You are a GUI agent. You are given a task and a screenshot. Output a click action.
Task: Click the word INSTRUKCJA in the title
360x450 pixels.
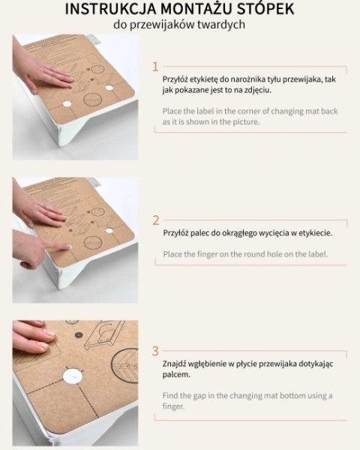coord(111,8)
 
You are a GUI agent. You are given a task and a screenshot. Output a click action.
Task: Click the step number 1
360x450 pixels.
coord(155,67)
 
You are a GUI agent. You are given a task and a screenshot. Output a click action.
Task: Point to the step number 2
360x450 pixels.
coord(155,220)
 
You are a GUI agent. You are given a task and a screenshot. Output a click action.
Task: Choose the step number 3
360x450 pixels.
coord(155,351)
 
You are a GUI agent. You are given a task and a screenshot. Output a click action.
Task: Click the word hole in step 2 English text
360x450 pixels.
coord(274,254)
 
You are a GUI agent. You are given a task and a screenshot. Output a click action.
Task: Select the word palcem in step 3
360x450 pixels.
coord(176,375)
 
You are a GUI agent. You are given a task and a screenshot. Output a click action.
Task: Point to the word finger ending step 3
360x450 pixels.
coord(173,406)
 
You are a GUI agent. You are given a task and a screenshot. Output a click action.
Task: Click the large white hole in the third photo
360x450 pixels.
coord(73,376)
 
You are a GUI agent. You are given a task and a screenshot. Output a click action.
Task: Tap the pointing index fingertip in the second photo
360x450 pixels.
coord(67,246)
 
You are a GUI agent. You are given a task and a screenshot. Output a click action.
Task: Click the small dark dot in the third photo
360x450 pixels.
coord(78,335)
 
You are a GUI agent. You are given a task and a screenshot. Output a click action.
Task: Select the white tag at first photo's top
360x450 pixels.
coord(92,39)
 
